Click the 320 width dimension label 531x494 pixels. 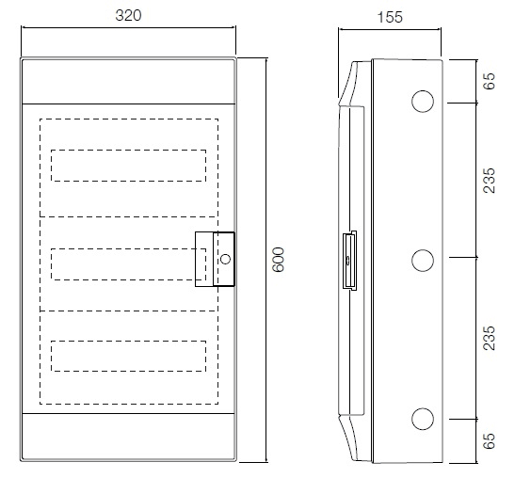tap(128, 16)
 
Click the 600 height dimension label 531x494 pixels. tap(279, 260)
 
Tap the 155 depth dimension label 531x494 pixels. tap(390, 17)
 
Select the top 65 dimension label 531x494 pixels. tap(489, 81)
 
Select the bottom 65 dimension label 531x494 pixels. tap(489, 441)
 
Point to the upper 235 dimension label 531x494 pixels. tap(489, 181)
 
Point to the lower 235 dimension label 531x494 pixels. tap(489, 338)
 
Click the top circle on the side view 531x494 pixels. tap(423, 90)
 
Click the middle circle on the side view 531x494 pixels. tap(423, 249)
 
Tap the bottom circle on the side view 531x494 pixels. tap(423, 408)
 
